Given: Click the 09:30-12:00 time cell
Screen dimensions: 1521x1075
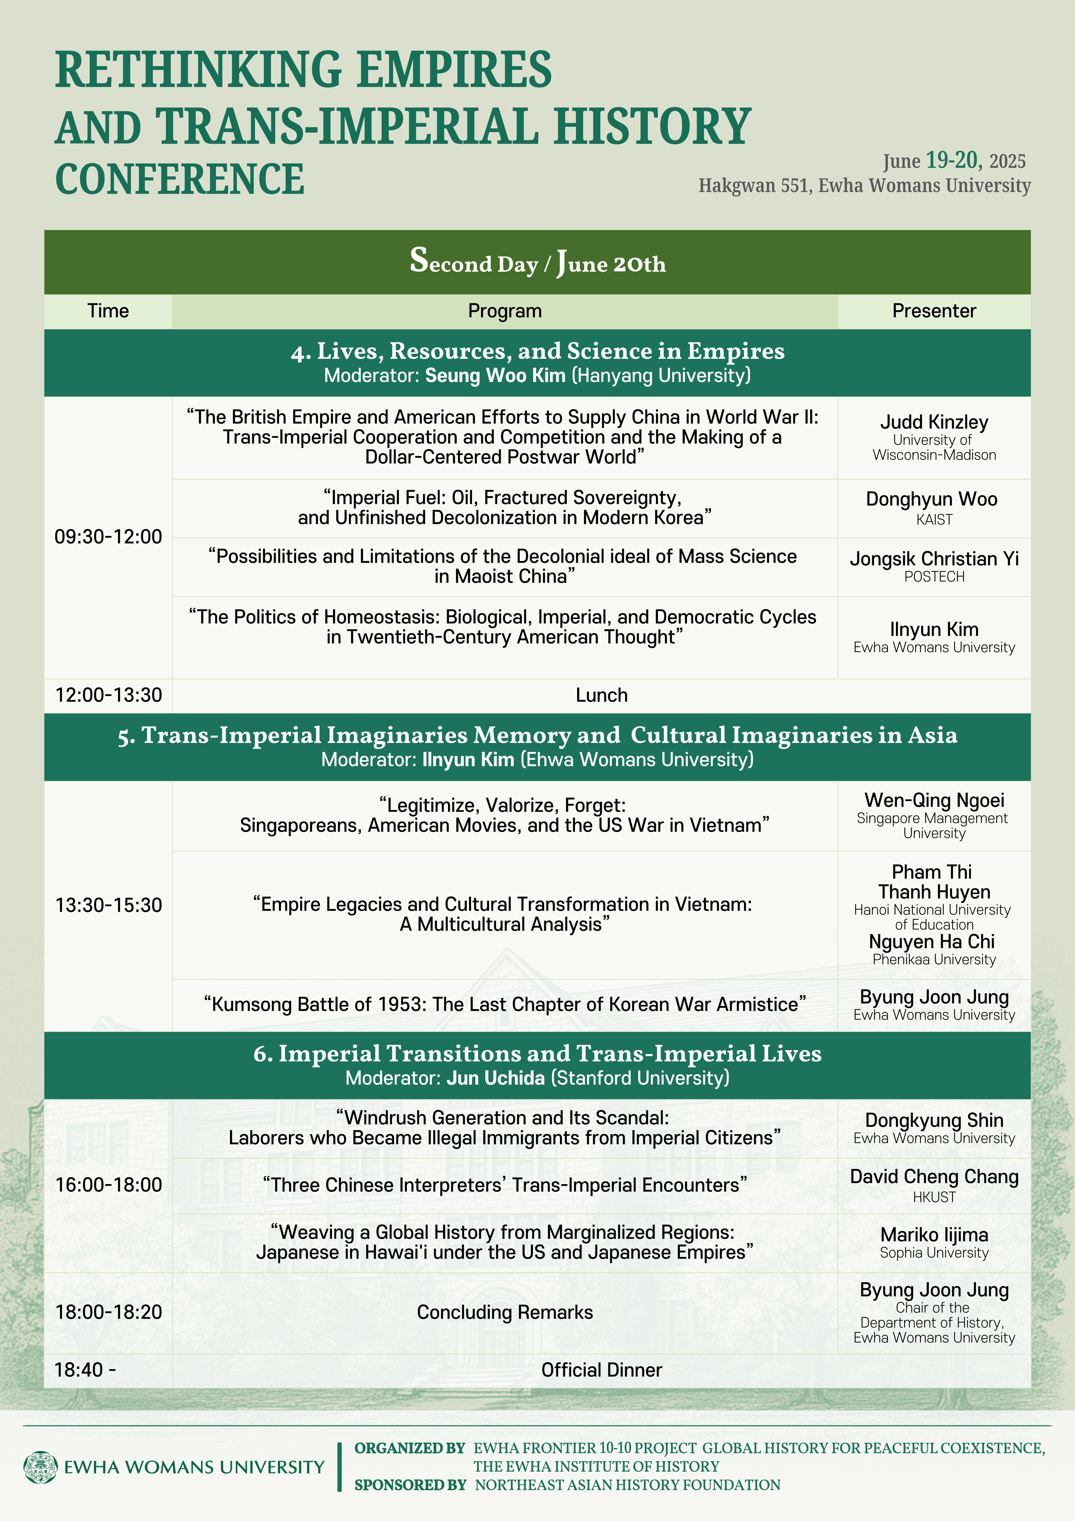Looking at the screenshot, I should [x=108, y=537].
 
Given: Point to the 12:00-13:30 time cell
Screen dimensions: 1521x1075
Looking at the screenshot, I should [x=108, y=695].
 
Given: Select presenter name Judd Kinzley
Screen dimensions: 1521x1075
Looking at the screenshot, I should [x=934, y=422].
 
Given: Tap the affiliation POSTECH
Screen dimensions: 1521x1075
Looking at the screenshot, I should [x=934, y=577].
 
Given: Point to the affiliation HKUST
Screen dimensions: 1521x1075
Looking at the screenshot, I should [x=934, y=1197].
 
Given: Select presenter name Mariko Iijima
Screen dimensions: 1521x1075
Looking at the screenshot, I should [x=934, y=1235].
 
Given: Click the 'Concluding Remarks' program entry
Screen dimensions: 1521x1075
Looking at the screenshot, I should [x=505, y=1312].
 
